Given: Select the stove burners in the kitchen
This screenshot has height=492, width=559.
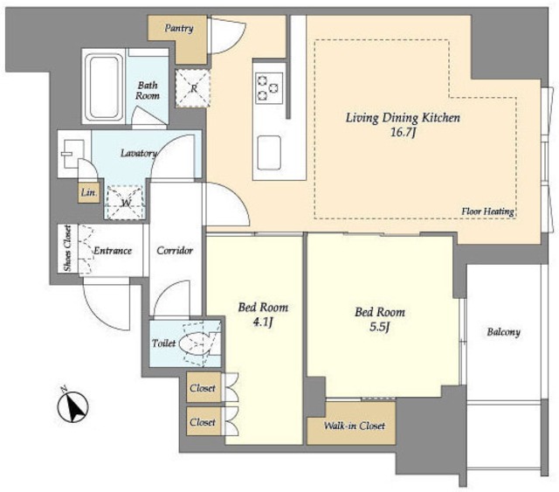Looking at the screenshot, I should pos(267,84).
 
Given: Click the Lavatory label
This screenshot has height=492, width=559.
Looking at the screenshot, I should pos(138,154).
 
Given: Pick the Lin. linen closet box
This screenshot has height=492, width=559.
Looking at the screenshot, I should pos(87,193).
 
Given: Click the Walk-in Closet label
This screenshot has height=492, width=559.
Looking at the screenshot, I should pos(351,426).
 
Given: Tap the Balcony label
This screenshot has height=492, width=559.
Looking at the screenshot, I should pos(504,332).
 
